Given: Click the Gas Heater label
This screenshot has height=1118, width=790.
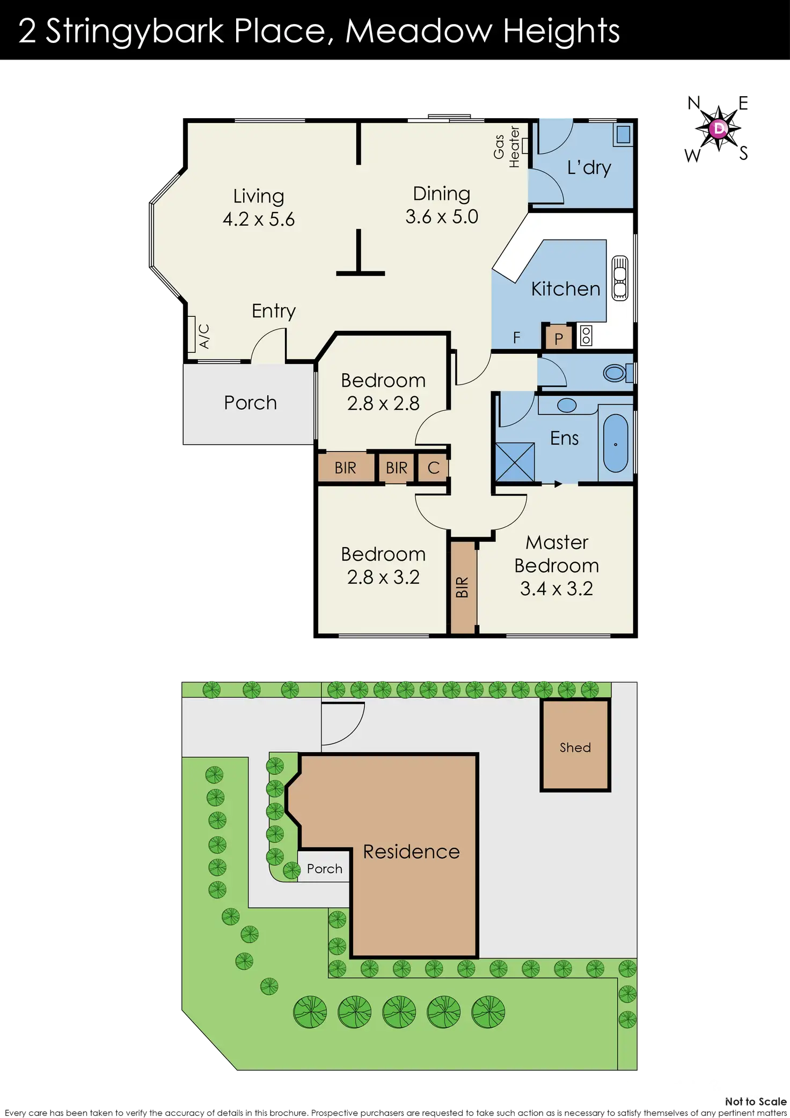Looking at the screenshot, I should (x=506, y=147).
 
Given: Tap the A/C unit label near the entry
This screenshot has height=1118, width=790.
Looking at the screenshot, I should (x=203, y=336).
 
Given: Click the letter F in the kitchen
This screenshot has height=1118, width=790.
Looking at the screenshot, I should (x=516, y=338).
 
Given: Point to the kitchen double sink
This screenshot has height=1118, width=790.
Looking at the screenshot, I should (x=620, y=278).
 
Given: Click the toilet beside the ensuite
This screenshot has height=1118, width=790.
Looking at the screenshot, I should (x=617, y=373).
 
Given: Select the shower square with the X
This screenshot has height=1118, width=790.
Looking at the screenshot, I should (x=515, y=462).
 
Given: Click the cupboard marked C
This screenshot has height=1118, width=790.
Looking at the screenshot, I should (x=433, y=468).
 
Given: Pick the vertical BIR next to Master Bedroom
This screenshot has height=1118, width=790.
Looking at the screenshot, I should (x=463, y=587).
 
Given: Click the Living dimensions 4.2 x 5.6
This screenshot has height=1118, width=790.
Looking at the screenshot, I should (x=259, y=220).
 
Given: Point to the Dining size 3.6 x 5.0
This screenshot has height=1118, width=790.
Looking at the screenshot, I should (x=442, y=217).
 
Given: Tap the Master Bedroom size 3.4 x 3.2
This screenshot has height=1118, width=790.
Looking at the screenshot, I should (x=557, y=589).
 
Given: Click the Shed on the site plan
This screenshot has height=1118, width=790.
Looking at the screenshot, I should (x=575, y=746).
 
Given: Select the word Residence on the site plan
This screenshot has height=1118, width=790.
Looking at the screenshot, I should (x=411, y=852).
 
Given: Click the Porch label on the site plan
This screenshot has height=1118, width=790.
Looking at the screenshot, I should (x=324, y=869).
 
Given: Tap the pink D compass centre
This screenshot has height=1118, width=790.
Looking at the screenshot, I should (x=718, y=128).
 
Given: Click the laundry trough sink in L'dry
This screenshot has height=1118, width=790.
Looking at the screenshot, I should (x=623, y=134).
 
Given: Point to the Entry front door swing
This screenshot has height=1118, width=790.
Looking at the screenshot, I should (x=268, y=346).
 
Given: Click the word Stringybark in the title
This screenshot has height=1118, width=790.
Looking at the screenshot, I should (x=134, y=31).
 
